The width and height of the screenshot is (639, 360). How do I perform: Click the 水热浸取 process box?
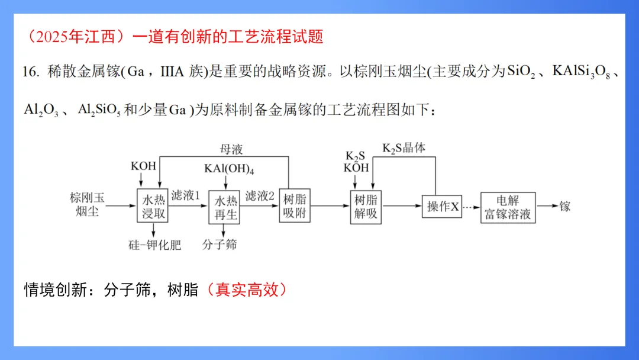tap(153, 206)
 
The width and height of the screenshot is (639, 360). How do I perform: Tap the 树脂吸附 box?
tap(294, 206)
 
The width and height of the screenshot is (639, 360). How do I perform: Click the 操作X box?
tap(441, 206)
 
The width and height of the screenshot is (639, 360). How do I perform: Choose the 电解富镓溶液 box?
tap(508, 207)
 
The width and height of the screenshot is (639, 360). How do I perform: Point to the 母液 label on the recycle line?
tap(231, 149)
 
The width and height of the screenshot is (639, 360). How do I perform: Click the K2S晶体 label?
tap(404, 148)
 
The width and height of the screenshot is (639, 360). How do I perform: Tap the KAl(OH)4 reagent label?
tap(229, 168)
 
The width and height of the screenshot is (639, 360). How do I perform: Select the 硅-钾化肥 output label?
tap(154, 245)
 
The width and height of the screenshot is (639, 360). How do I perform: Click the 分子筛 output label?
tap(219, 244)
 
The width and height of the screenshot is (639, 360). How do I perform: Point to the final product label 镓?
tap(564, 206)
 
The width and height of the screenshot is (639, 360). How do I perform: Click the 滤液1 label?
tap(186, 195)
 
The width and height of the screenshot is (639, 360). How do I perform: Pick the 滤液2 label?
tap(260, 195)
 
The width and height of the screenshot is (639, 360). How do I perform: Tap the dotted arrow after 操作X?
tap(472, 206)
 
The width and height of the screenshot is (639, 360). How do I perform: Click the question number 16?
tap(30, 72)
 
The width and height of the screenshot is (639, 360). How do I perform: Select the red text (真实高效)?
tap(247, 290)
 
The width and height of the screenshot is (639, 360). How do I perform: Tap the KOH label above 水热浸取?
tap(143, 166)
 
